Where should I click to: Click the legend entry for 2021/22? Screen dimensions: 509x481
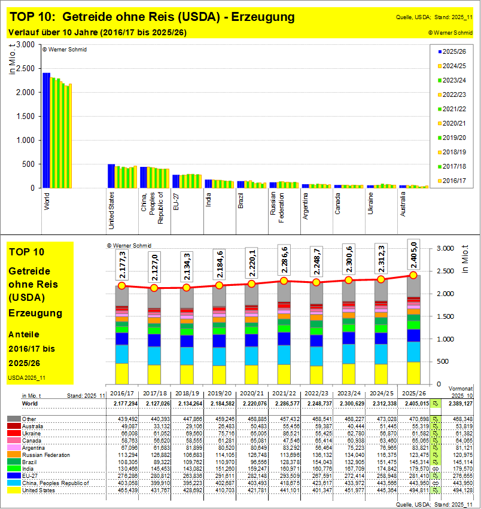click(455, 108)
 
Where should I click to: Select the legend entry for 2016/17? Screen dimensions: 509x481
click(455, 180)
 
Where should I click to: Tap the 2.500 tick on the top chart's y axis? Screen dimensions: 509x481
click(26, 68)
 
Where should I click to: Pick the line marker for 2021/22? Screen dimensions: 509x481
click(284, 281)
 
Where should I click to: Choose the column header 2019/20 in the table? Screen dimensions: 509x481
click(218, 394)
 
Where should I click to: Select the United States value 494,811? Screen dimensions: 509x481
click(413, 490)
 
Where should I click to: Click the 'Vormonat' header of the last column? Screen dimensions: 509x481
click(461, 388)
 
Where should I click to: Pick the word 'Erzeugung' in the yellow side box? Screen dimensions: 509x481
click(35, 313)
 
